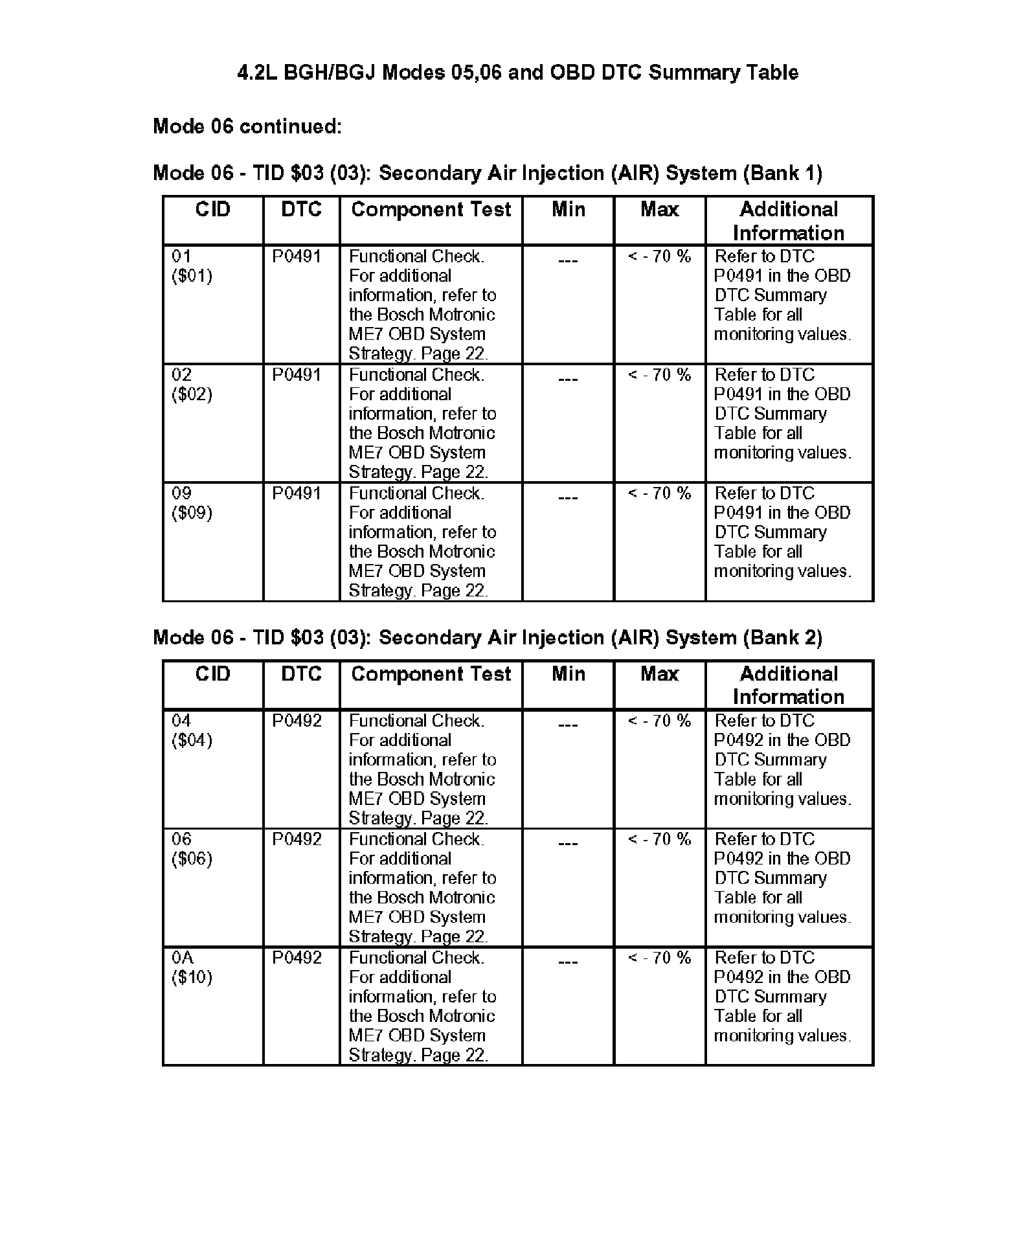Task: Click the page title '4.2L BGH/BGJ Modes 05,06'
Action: click(517, 72)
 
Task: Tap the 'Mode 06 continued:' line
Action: click(247, 126)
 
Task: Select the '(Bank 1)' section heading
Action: click(487, 174)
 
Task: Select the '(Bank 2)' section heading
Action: click(487, 638)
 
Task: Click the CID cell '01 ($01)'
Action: click(192, 266)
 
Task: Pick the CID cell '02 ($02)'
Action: click(192, 385)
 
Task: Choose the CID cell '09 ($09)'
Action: click(192, 503)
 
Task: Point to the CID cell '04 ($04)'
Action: click(192, 730)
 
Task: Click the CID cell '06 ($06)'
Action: click(192, 849)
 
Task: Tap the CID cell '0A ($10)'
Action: click(192, 967)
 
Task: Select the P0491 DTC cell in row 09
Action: click(297, 493)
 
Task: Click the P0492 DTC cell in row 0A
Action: click(297, 958)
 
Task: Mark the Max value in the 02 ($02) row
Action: click(659, 375)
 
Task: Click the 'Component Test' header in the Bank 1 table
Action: click(431, 210)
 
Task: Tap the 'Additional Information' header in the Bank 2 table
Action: click(789, 685)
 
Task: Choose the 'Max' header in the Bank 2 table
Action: click(659, 674)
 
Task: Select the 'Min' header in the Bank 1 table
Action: click(568, 210)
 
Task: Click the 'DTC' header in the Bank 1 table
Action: click(301, 210)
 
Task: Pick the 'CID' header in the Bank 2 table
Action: click(212, 674)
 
